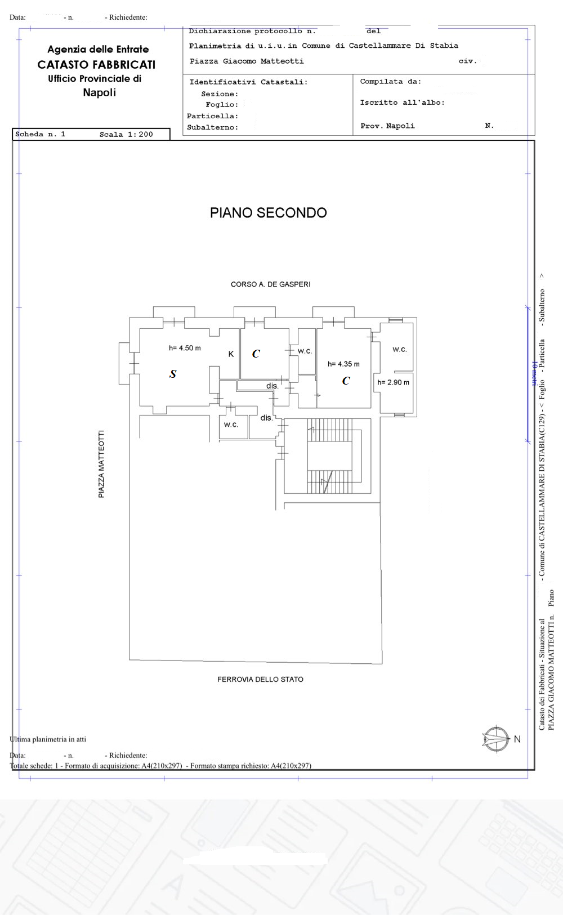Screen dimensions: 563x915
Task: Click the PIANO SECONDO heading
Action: [x=268, y=213]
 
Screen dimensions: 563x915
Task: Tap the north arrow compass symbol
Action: [x=495, y=739]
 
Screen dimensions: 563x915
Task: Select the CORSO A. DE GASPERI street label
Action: [x=270, y=284]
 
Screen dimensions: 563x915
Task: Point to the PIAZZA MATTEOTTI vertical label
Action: [x=101, y=464]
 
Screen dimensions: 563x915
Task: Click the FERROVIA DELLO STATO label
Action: [x=260, y=680]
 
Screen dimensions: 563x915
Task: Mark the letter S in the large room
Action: [x=173, y=374]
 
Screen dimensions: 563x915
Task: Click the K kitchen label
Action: [x=231, y=354]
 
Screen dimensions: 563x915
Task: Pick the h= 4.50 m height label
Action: [x=185, y=348]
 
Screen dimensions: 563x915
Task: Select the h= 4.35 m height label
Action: [x=343, y=364]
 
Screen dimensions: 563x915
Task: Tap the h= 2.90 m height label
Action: [x=393, y=382]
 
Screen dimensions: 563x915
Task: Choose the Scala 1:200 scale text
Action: [x=126, y=135]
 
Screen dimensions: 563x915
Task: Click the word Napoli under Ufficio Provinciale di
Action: [x=99, y=92]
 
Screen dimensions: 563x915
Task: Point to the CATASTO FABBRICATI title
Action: [x=96, y=65]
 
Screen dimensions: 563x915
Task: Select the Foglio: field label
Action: [x=221, y=105]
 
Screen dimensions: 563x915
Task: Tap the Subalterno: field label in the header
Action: [x=212, y=127]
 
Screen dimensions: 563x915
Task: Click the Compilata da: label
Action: [x=390, y=82]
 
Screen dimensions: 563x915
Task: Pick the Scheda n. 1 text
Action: [x=40, y=134]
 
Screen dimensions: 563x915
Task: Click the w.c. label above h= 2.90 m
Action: [x=400, y=350]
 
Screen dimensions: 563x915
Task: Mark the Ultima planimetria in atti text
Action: [x=48, y=739]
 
